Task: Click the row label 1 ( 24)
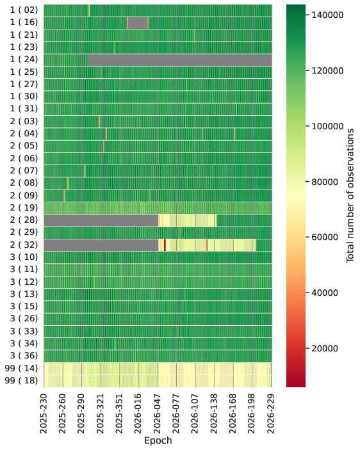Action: coord(24,60)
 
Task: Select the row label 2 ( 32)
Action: coord(24,245)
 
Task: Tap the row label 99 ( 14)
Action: coord(21,368)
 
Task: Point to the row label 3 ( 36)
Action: coord(24,356)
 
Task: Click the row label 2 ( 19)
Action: coord(24,208)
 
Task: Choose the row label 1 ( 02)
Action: coord(24,10)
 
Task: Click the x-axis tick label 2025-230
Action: coord(44,414)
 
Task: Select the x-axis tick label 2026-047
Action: coord(158,414)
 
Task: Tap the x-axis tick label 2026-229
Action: coord(272,414)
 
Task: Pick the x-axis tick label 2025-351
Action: coord(120,414)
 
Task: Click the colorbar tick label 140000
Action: coord(327,15)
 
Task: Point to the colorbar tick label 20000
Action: coord(325,348)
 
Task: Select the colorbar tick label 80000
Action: coord(325,182)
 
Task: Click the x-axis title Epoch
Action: coord(158,440)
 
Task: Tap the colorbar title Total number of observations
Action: coord(350,195)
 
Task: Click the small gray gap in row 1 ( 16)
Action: coord(138,22)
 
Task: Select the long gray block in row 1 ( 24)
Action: coord(180,60)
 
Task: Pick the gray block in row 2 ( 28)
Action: coord(101,220)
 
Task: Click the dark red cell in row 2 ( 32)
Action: coord(165,245)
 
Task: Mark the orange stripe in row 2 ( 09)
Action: coord(64,196)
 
